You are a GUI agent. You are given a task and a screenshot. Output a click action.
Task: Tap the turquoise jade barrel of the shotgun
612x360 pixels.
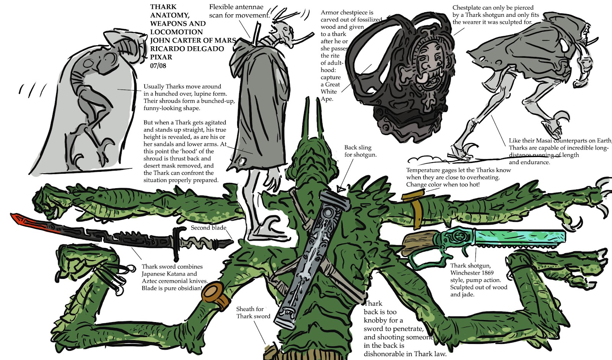click(x=520, y=238)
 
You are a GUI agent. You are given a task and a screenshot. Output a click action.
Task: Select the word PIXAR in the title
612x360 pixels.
click(x=161, y=57)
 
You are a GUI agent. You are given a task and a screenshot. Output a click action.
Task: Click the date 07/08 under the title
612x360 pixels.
click(x=158, y=65)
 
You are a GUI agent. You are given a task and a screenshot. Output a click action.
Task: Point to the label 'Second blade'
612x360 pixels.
click(x=208, y=228)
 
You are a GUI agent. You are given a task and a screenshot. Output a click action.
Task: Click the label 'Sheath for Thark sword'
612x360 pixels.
click(x=253, y=313)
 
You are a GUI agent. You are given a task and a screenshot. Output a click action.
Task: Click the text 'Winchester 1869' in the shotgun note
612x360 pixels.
click(x=472, y=273)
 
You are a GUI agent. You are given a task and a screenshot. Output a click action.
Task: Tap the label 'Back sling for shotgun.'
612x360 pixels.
click(x=360, y=151)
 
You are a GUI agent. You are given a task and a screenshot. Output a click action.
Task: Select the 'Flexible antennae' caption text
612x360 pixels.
click(x=236, y=7)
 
